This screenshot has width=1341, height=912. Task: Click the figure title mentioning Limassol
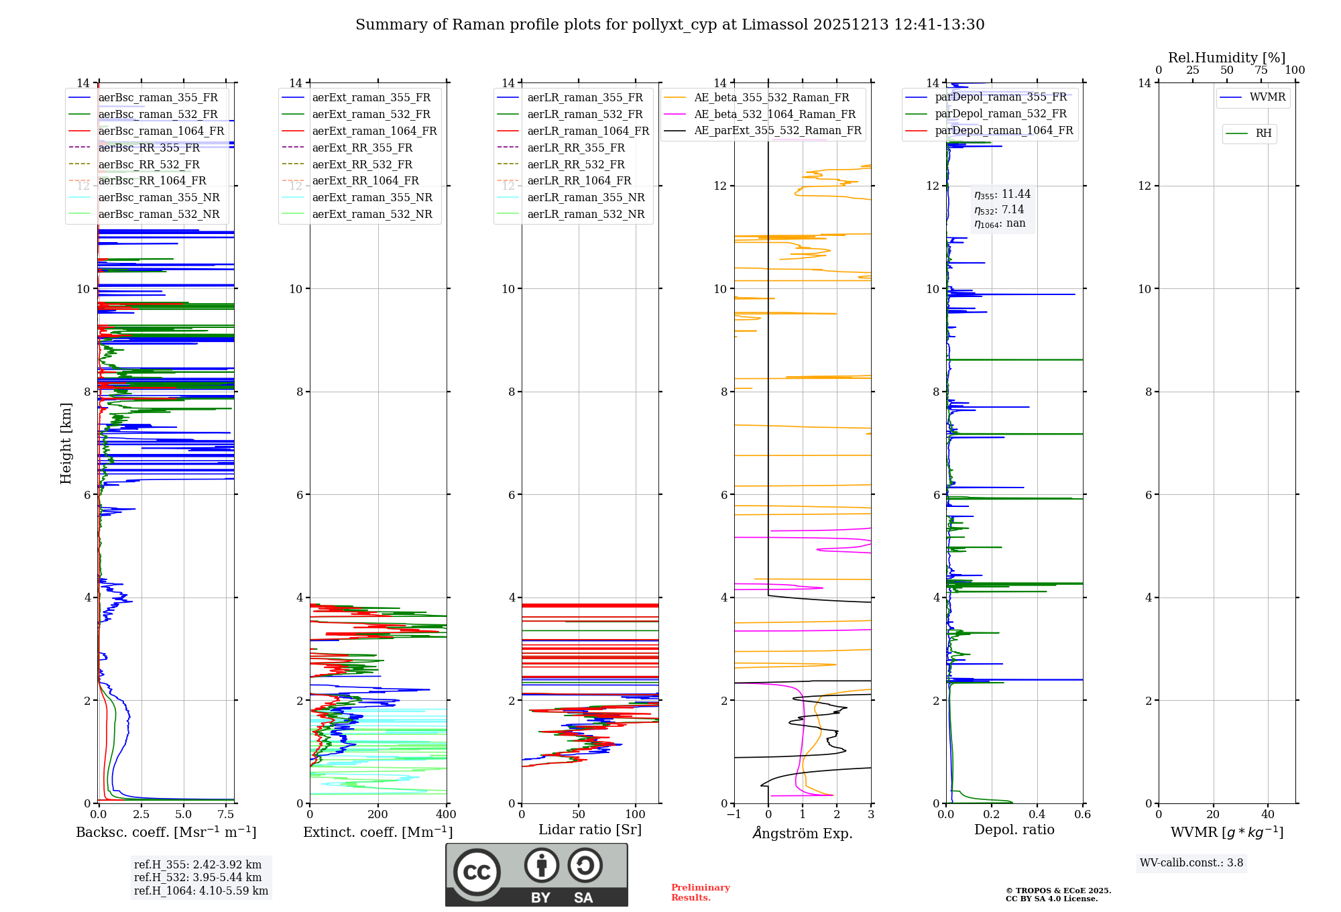(670, 25)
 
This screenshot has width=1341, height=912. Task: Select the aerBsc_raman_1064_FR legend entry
(161, 131)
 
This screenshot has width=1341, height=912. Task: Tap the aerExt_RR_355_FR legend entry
(362, 148)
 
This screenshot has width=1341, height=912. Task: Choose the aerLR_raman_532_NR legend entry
(585, 214)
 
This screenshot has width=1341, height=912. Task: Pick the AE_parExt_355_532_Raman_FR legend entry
(778, 130)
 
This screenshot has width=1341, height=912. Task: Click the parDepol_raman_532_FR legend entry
(1000, 113)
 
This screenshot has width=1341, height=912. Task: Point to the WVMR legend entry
(1267, 97)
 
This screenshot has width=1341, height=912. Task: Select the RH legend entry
(1263, 133)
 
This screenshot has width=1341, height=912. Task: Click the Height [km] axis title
(66, 443)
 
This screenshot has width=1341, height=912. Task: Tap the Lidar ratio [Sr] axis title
(590, 830)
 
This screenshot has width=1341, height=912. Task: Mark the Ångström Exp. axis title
(803, 833)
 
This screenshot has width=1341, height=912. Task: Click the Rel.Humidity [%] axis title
(1226, 58)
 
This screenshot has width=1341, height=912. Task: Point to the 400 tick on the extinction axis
(446, 815)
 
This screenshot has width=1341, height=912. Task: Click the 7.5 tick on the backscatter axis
(226, 815)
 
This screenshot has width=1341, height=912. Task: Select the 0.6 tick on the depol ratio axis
(1082, 815)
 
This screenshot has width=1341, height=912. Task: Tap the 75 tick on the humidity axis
(1261, 70)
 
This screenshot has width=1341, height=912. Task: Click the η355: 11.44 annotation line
(1002, 194)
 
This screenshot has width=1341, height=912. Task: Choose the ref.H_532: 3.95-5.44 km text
(198, 877)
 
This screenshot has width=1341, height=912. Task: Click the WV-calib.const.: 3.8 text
(1191, 863)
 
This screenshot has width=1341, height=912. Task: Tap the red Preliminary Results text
(700, 893)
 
